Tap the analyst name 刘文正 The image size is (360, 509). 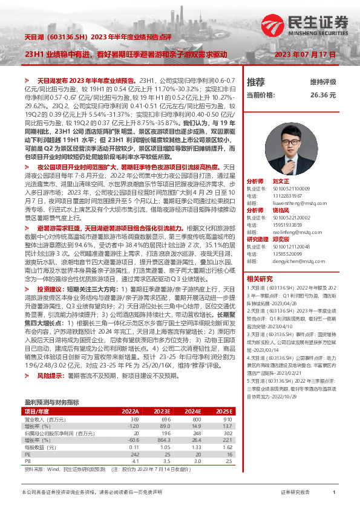(x=281, y=181)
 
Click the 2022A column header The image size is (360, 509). (x=130, y=394)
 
